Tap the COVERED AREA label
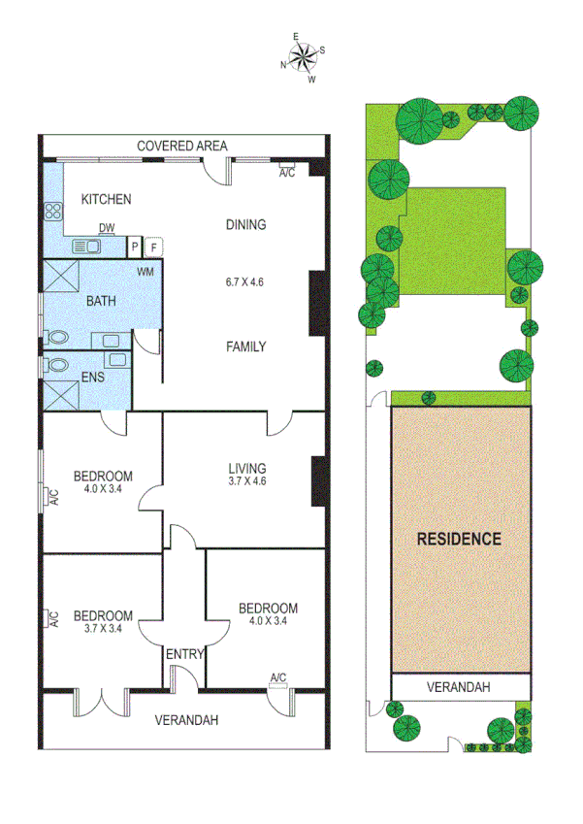tap(181, 146)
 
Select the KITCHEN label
tap(106, 200)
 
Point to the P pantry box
tap(135, 247)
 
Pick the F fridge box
tap(152, 247)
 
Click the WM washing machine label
tap(146, 272)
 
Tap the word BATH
tap(101, 301)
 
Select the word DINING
tap(245, 224)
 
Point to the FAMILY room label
tap(245, 346)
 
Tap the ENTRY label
tap(184, 654)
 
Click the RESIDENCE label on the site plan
tap(459, 539)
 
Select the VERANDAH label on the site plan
tap(459, 686)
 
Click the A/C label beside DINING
tap(287, 173)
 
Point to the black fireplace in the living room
tap(317, 480)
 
